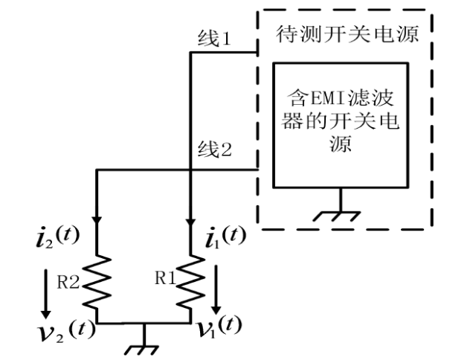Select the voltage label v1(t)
click(221, 325)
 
